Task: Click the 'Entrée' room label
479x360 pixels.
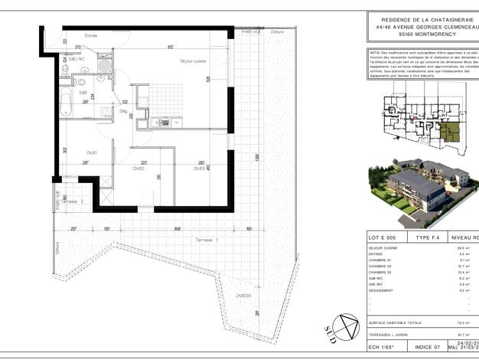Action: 91,36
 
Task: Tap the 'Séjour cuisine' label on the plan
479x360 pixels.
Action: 194,61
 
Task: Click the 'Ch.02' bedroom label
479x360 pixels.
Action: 138,168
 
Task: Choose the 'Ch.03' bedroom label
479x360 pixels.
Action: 199,168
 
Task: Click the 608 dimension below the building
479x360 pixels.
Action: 177,228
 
